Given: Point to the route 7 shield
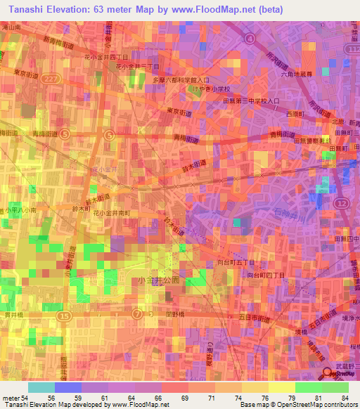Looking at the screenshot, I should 138,312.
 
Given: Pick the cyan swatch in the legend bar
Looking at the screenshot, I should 41,387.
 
